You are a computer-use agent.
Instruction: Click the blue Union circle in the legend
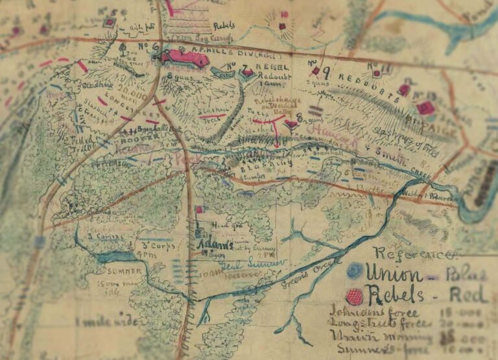click(x=355, y=270)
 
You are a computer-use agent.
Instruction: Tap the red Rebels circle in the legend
click(x=354, y=297)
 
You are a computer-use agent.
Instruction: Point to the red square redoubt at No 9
click(x=315, y=71)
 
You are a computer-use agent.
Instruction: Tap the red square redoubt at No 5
click(x=110, y=23)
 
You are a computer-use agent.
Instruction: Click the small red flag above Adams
click(x=200, y=210)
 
